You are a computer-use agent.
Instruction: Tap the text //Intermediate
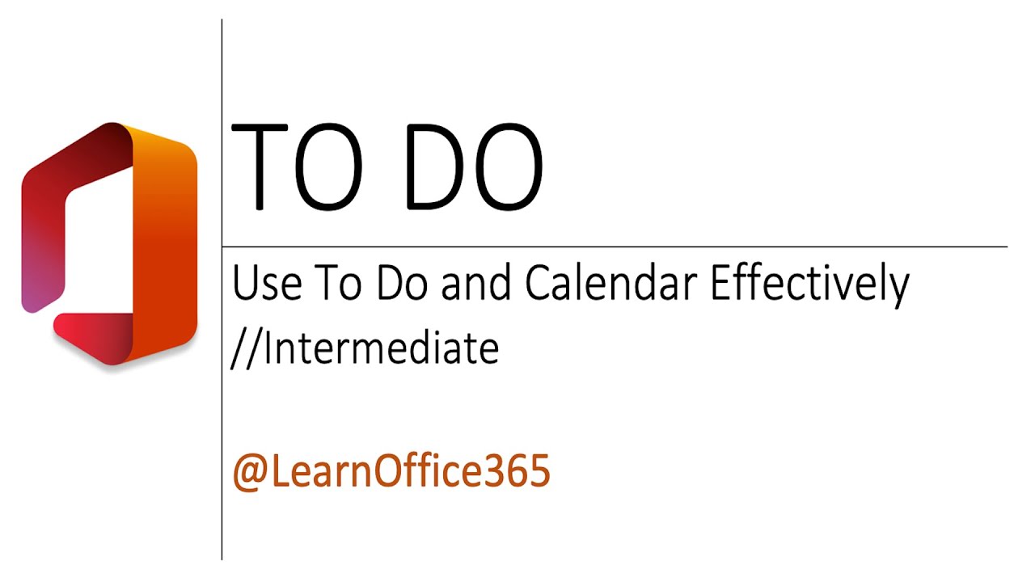(x=365, y=348)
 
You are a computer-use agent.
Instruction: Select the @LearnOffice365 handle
(x=391, y=471)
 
